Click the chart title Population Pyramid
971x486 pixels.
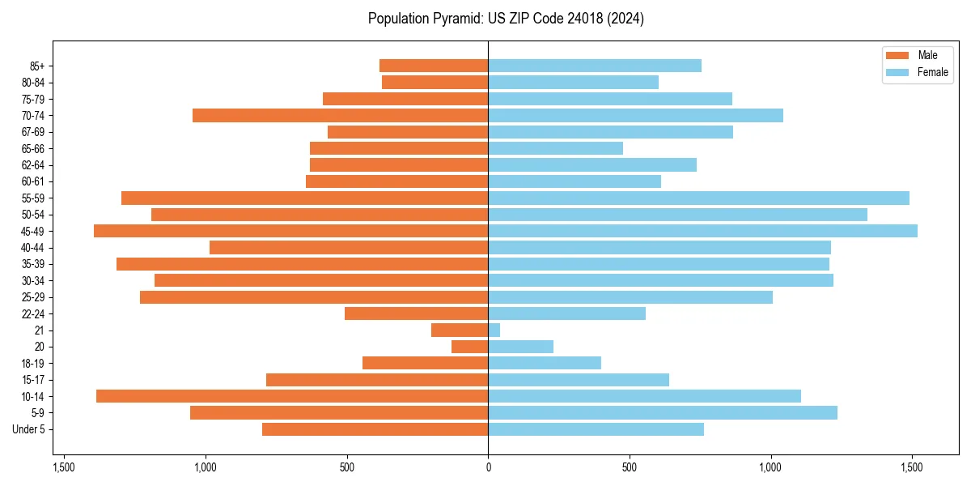506,19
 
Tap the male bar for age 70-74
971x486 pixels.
340,116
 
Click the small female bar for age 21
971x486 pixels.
494,330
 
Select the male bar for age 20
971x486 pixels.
470,347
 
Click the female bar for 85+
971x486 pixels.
595,66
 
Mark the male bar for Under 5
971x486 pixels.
375,429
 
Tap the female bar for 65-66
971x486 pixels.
555,148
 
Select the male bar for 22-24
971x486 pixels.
417,313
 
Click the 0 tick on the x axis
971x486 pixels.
488,467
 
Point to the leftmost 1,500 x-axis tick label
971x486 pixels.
64,467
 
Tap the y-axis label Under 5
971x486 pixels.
29,429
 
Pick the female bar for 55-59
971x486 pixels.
698,198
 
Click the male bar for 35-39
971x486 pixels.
302,264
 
